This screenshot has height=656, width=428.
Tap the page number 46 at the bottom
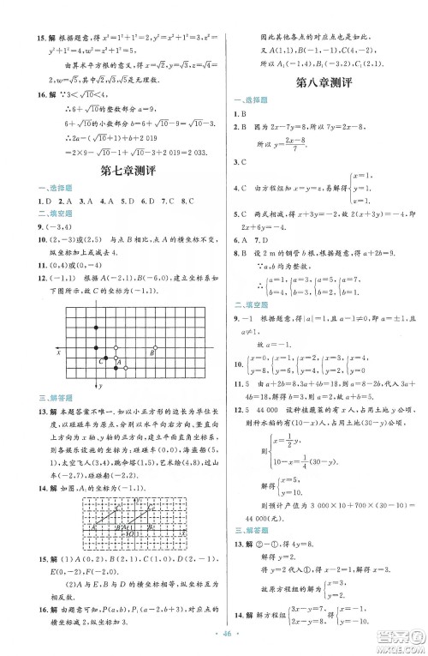coord(215,636)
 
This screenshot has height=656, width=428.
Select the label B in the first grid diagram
coord(153,350)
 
